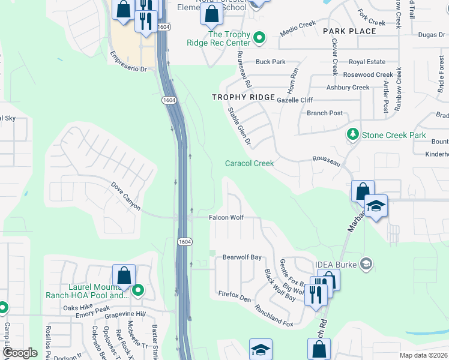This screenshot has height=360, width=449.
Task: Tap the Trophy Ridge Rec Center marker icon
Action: coord(259,38)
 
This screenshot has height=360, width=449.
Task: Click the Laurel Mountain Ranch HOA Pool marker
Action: coord(137,291)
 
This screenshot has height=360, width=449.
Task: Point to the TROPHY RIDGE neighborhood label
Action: coord(243,97)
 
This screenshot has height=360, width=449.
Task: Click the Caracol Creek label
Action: coord(249,163)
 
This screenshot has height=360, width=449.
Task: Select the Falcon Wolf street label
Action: coord(226,217)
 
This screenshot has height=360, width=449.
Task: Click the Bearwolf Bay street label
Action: coord(242,257)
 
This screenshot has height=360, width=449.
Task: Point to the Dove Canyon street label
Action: coord(125,197)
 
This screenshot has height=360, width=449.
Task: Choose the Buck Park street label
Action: coord(270,62)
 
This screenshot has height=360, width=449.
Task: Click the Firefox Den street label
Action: coord(235,296)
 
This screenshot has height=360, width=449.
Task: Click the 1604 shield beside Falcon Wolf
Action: coord(185,241)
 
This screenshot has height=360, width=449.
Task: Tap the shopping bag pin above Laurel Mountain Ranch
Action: coord(124,275)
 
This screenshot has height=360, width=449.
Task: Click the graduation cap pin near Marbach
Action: coord(376,206)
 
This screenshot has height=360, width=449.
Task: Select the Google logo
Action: coord(20,353)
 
